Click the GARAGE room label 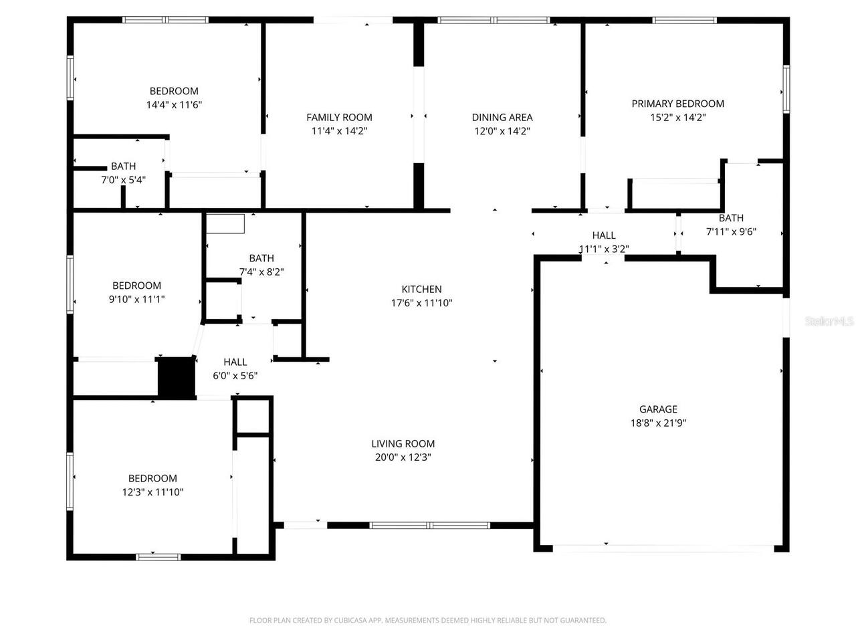pyautogui.click(x=658, y=409)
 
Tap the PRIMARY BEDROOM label pyautogui.click(x=677, y=104)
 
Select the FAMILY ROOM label pyautogui.click(x=339, y=117)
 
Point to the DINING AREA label pyautogui.click(x=502, y=117)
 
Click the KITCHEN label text pyautogui.click(x=421, y=289)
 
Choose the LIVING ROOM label pyautogui.click(x=403, y=443)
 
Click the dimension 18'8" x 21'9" pyautogui.click(x=658, y=423)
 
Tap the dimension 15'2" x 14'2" pyautogui.click(x=677, y=118)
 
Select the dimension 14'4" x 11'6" pyautogui.click(x=174, y=105)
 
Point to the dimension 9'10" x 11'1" pyautogui.click(x=136, y=300)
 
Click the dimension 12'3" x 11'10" pyautogui.click(x=152, y=492)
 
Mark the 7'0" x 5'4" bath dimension pyautogui.click(x=123, y=180)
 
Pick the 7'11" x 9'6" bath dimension pyautogui.click(x=731, y=232)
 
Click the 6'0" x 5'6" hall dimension pyautogui.click(x=235, y=376)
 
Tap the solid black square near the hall pyautogui.click(x=175, y=378)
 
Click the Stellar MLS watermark pyautogui.click(x=829, y=322)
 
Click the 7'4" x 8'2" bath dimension pyautogui.click(x=261, y=272)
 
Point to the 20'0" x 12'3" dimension pyautogui.click(x=403, y=457)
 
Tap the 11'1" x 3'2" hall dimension pyautogui.click(x=603, y=249)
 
